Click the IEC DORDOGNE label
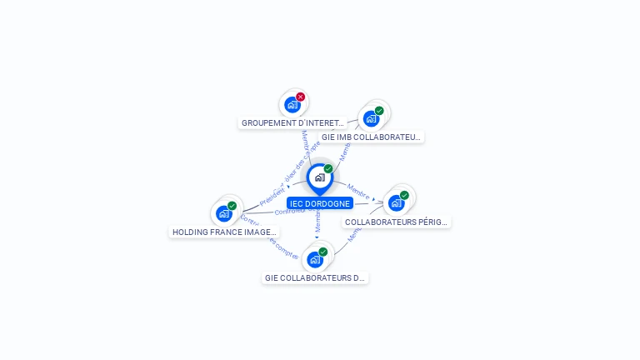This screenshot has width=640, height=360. click(320, 203)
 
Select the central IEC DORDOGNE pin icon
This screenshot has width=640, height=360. click(319, 177)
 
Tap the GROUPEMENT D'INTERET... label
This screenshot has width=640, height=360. click(292, 122)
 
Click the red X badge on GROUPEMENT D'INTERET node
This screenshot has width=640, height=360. click(301, 97)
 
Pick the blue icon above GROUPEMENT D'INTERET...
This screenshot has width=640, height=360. click(292, 105)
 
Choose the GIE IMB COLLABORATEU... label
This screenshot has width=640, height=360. click(372, 137)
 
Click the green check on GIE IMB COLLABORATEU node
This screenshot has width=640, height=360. click(379, 111)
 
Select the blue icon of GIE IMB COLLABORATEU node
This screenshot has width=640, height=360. click(371, 118)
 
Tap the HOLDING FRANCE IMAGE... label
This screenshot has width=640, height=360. click(224, 232)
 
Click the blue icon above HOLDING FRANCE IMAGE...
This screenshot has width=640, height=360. click(223, 213)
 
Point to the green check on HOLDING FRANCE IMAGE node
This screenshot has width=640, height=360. click(232, 206)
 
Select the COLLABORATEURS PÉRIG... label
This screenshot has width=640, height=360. click(397, 222)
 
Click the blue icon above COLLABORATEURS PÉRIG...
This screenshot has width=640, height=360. click(396, 202)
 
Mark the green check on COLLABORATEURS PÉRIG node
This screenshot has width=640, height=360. click(404, 195)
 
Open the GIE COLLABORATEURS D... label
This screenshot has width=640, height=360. click(315, 277)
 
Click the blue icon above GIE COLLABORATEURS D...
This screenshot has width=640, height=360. click(314, 259)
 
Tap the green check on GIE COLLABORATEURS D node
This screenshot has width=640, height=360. click(322, 252)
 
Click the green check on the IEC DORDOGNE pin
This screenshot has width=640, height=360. click(328, 169)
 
